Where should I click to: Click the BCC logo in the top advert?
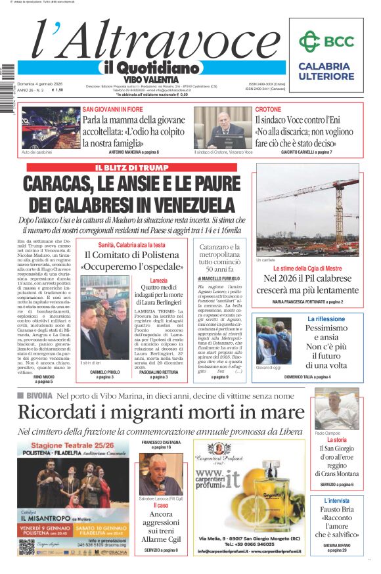325,42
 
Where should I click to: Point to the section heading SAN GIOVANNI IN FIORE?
113,109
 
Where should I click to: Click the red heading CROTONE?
268,109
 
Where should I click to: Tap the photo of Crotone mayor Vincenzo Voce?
223,127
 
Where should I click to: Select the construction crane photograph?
307,210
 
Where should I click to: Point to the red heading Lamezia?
158,280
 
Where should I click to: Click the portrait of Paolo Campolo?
336,409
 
